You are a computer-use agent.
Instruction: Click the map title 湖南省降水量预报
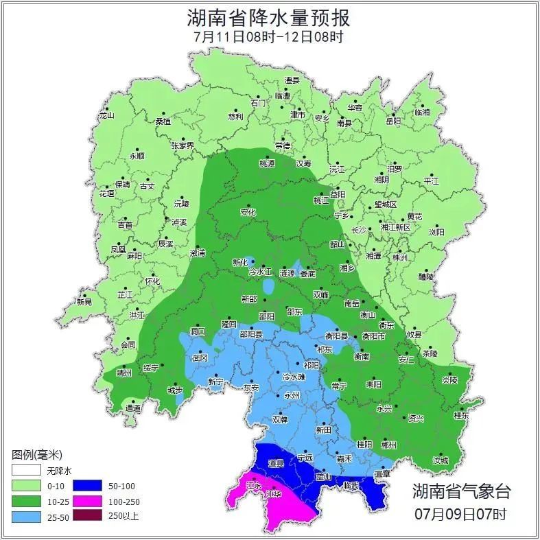270,17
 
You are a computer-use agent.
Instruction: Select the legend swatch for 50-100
84,486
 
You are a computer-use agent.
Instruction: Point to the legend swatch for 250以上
84,516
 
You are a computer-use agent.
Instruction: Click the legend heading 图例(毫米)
37,455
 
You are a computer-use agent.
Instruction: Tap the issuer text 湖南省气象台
461,491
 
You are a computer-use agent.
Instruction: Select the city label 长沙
359,231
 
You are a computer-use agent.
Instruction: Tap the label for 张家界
183,145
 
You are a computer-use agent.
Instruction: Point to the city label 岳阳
392,121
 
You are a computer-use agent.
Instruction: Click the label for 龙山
106,115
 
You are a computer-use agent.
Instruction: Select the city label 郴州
388,444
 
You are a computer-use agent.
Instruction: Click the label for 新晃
84,302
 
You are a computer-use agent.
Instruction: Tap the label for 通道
133,408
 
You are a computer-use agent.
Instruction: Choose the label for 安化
248,213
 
